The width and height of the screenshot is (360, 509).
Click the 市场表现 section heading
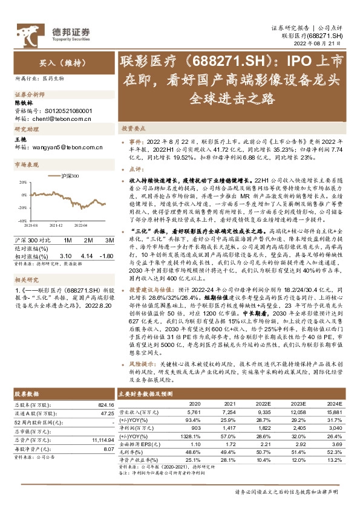(25, 164)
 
